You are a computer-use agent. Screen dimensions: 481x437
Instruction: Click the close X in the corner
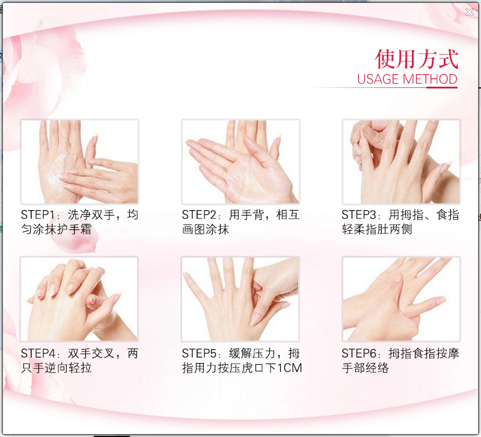[x=470, y=12]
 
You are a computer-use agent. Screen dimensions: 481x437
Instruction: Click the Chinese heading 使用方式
[x=416, y=59]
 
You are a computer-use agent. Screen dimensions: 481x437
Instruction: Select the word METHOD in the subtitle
[x=430, y=79]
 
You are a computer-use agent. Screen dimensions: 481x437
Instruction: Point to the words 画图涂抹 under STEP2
[x=205, y=229]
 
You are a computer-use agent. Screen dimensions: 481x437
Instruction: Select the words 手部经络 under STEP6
[x=366, y=368]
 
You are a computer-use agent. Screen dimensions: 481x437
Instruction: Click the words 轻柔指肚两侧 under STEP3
[x=377, y=229]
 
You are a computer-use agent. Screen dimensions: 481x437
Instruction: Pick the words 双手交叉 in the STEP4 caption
[x=91, y=353]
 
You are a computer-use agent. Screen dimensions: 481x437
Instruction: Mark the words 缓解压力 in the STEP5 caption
[x=252, y=353]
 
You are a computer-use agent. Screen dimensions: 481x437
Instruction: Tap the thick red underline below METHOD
[x=442, y=87]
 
